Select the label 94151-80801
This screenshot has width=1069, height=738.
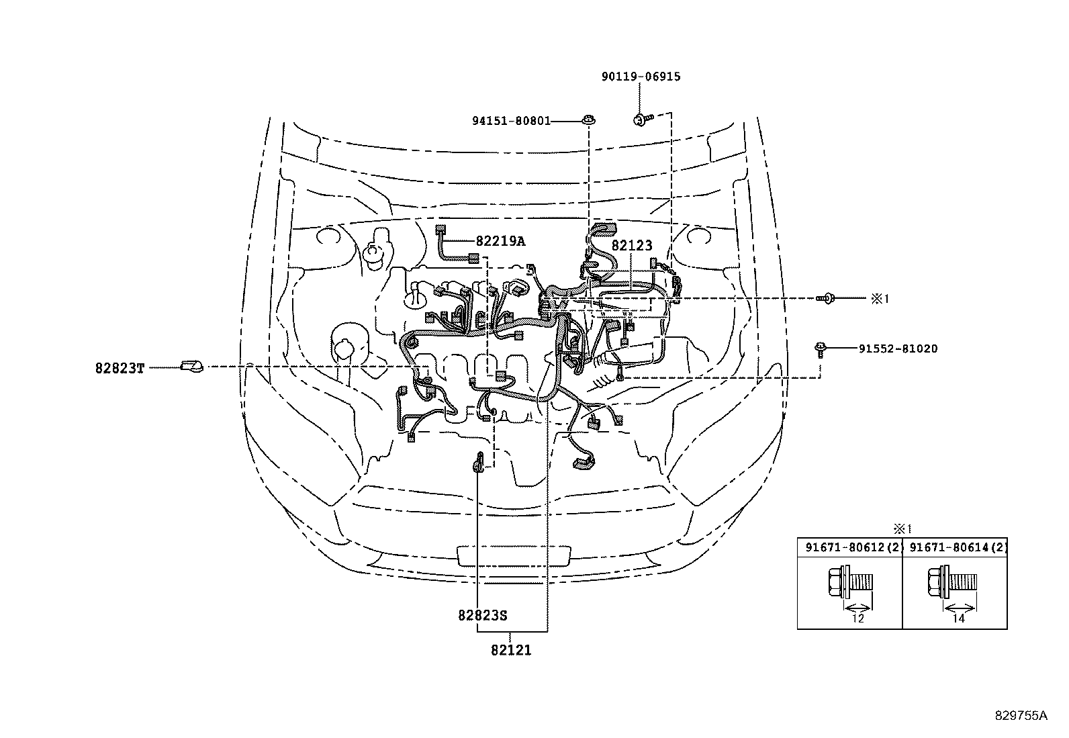pos(511,121)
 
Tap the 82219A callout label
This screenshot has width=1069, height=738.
pos(500,241)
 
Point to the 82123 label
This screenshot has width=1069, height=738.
pos(631,246)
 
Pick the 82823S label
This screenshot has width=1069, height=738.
pos(483,615)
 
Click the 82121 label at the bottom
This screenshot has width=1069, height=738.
pos(511,649)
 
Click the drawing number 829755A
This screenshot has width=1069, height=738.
pos(1021,715)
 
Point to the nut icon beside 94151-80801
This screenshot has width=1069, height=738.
pos(588,121)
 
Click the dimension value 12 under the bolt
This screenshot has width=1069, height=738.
pos(857,618)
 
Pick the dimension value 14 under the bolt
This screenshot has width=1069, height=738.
pos(958,618)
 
